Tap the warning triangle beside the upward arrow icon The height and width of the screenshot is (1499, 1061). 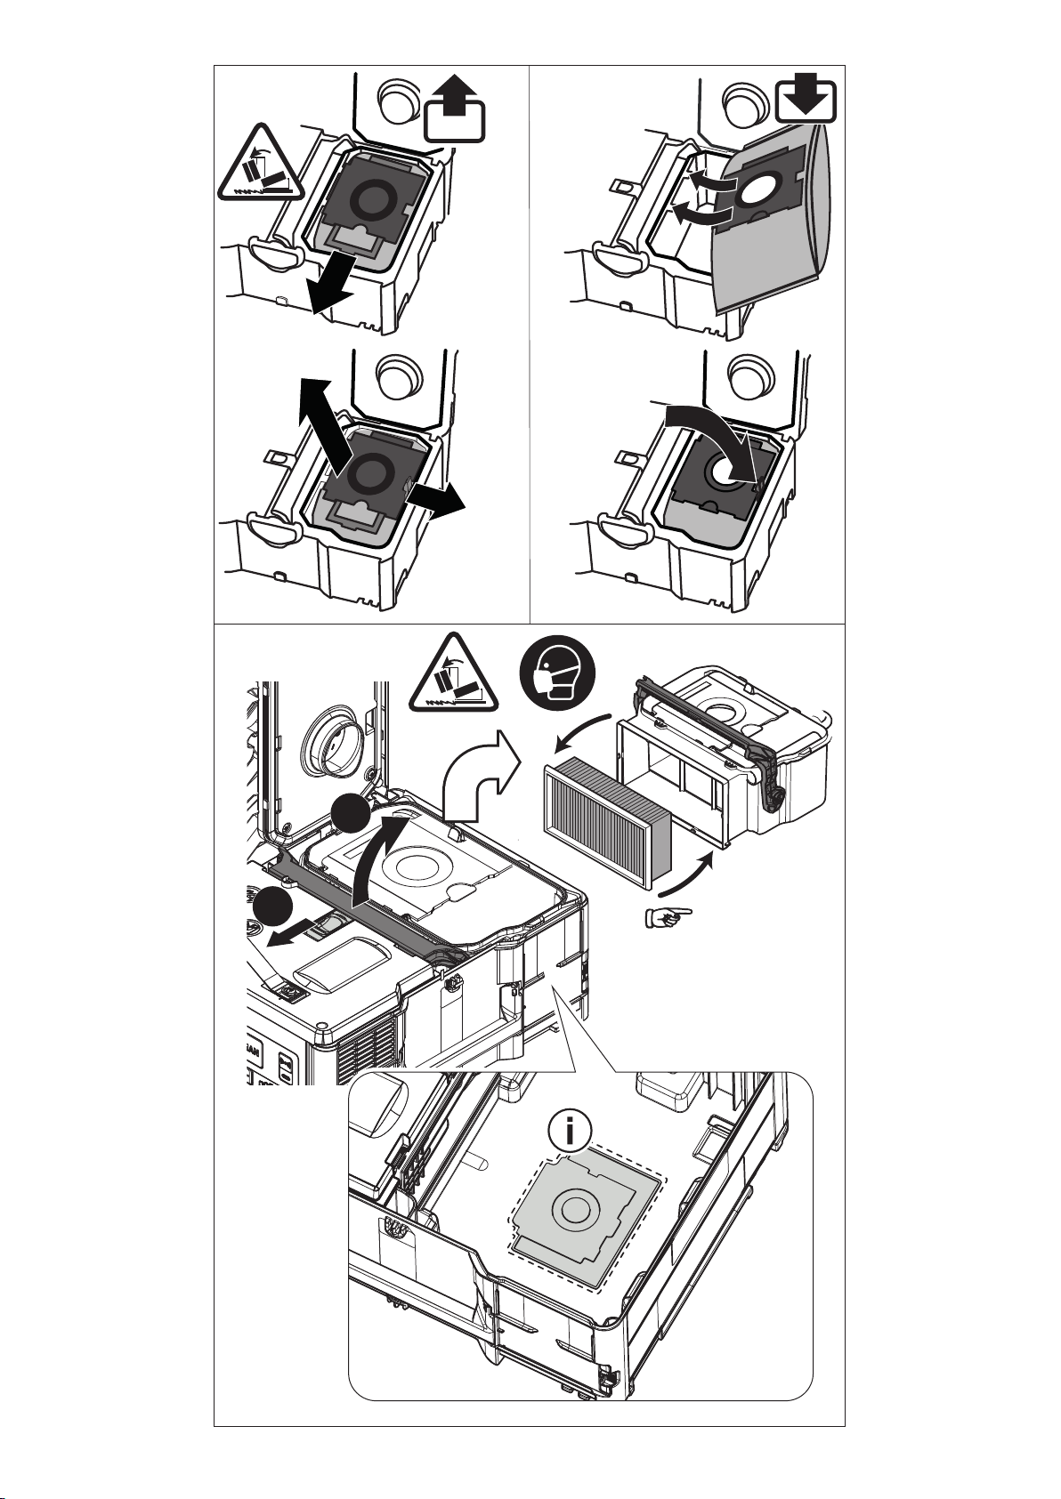tap(258, 165)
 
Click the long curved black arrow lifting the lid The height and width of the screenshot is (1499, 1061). tap(381, 863)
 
